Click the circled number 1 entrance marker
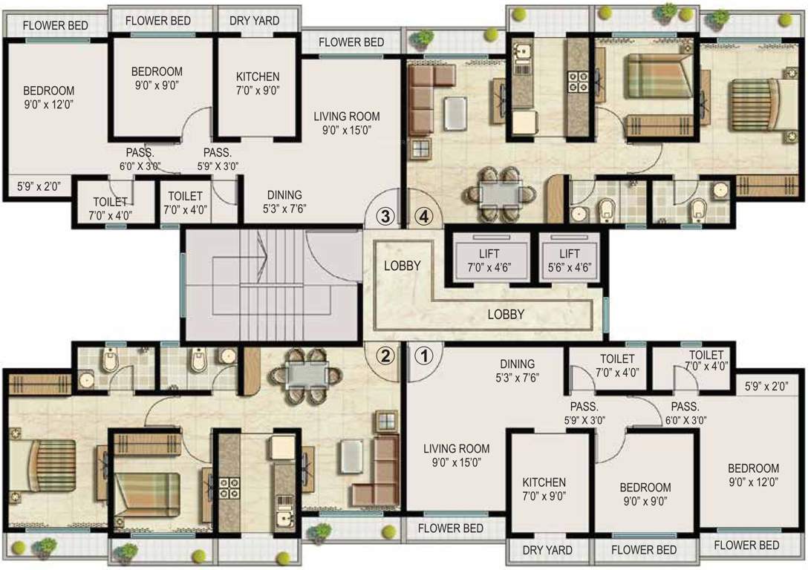(424, 356)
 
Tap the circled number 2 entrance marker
(385, 356)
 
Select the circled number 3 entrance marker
(385, 217)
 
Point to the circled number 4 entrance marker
(424, 217)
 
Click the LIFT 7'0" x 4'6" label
(490, 260)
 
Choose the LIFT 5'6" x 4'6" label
(570, 260)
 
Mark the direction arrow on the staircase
(260, 249)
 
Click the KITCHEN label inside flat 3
(258, 84)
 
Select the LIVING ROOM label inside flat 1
(456, 455)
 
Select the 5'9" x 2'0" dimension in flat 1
(765, 385)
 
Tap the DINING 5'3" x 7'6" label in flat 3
(281, 203)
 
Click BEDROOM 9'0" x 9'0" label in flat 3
(157, 78)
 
